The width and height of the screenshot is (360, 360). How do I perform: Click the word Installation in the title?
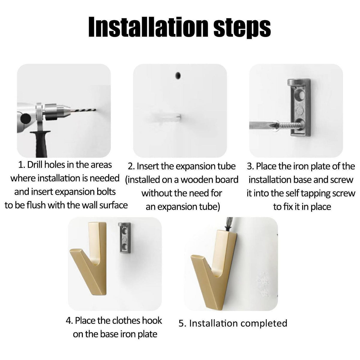[148, 27]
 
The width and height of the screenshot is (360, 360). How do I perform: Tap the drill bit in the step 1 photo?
[83, 111]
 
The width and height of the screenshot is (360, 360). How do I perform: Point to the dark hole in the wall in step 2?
[178, 76]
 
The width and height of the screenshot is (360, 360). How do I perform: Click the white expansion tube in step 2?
[166, 118]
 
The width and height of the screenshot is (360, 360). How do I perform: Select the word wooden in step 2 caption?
[196, 180]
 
